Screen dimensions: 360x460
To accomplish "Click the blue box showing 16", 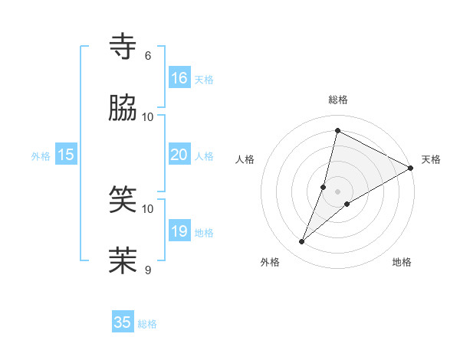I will pyautogui.click(x=179, y=77).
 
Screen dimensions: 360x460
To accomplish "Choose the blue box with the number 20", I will pyautogui.click(x=179, y=154).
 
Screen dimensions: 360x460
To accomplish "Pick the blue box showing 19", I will pyautogui.click(x=179, y=231).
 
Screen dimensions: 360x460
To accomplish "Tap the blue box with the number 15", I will pyautogui.click(x=66, y=154).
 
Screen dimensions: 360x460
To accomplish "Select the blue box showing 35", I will pyautogui.click(x=123, y=322).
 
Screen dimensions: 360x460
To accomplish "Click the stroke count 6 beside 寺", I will pyautogui.click(x=148, y=56).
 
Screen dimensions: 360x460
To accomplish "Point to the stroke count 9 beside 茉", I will pyautogui.click(x=148, y=270).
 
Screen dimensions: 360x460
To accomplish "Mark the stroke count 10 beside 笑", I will pyautogui.click(x=148, y=208).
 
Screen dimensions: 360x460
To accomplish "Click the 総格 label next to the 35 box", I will pyautogui.click(x=147, y=324).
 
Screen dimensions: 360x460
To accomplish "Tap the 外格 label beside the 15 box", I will pyautogui.click(x=41, y=155).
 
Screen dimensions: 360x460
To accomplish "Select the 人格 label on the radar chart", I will pyautogui.click(x=245, y=159).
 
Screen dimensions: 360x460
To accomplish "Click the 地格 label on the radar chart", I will pyautogui.click(x=402, y=263).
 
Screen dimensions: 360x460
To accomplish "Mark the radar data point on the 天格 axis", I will pyautogui.click(x=411, y=169).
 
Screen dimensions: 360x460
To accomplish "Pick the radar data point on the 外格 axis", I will pyautogui.click(x=302, y=242).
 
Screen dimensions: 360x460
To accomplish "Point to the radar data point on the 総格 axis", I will pyautogui.click(x=337, y=130).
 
